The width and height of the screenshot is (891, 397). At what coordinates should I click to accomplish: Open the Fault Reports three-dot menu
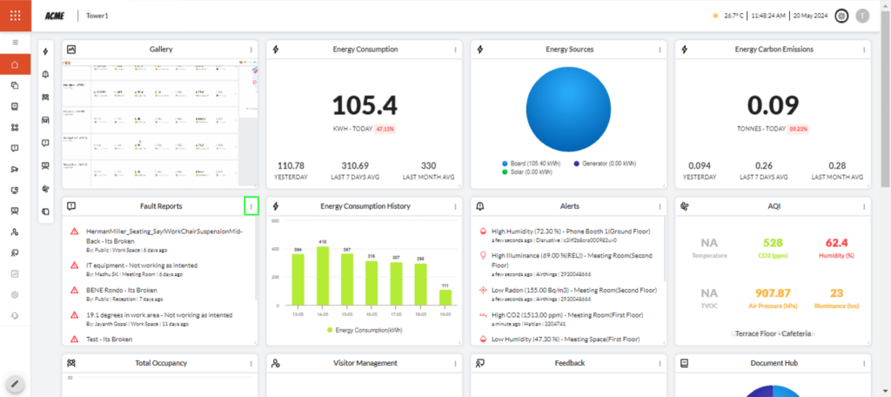(x=251, y=206)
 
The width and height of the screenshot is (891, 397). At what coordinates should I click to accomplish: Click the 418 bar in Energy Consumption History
(x=322, y=274)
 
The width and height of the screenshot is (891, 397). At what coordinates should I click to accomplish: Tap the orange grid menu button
(x=15, y=16)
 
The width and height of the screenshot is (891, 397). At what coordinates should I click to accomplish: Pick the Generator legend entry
(x=608, y=163)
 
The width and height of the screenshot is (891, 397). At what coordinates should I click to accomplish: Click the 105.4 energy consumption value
(x=365, y=105)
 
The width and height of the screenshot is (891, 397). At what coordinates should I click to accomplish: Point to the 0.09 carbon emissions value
(x=774, y=105)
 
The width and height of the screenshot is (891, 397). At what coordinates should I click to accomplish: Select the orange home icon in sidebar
(x=15, y=64)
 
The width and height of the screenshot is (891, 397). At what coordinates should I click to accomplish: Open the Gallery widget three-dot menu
(x=251, y=50)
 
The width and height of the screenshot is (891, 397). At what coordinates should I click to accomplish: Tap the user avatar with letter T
(x=862, y=16)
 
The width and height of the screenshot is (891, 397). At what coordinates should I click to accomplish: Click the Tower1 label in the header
(x=97, y=16)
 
